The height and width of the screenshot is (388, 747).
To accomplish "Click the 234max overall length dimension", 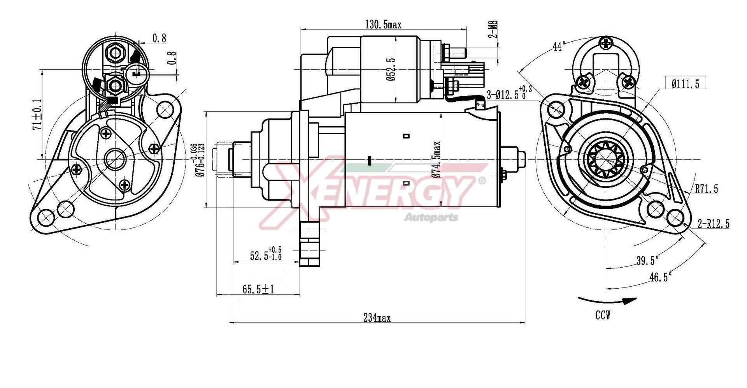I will [377, 318].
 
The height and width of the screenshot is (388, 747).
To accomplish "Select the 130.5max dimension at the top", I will [383, 25].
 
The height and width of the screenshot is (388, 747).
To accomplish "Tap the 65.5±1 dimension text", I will [258, 289].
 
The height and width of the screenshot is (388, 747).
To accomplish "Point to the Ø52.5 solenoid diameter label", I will [391, 69].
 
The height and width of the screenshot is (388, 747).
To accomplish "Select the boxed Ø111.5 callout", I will [685, 83].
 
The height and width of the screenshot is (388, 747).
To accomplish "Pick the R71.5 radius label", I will [706, 189].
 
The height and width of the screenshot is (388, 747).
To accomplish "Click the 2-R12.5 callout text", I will [713, 224].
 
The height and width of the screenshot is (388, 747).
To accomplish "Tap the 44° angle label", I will [559, 46].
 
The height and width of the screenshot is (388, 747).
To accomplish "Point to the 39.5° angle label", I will [647, 260].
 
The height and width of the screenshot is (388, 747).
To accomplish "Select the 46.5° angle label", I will [660, 277].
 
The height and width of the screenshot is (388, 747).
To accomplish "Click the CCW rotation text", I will [603, 315].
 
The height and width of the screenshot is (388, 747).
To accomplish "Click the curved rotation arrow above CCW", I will [607, 301].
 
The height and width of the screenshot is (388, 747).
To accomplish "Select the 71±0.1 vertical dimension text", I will [37, 114].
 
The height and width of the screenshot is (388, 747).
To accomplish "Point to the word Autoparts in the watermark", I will [431, 217].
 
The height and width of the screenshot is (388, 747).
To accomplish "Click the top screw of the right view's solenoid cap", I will [606, 43].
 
